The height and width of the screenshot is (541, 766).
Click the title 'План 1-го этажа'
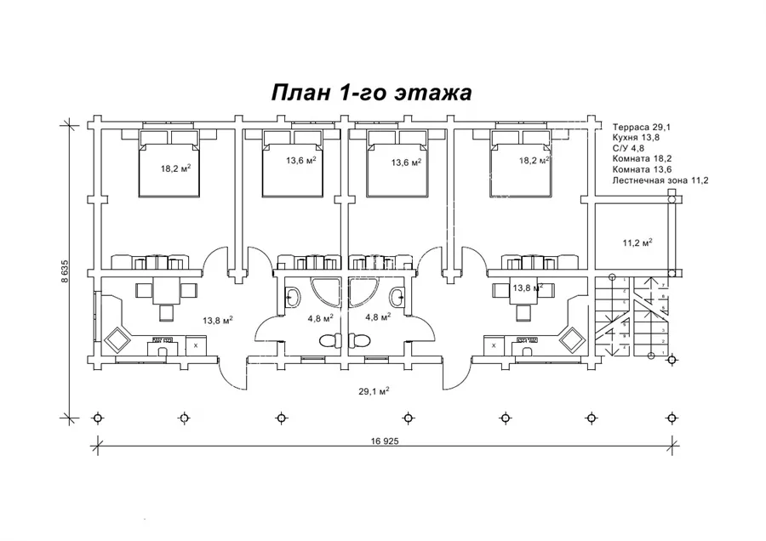[x=371, y=93]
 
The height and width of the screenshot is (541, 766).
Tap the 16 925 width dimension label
[x=385, y=442]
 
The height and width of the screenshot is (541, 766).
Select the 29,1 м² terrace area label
[x=375, y=391]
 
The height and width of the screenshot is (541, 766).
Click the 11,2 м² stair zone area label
[x=637, y=242]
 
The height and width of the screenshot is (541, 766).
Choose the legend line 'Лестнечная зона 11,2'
[x=660, y=180]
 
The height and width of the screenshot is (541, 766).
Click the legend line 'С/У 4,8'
[x=629, y=147]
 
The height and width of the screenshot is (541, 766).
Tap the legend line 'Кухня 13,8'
[x=635, y=136]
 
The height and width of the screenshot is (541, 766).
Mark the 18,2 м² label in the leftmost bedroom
[x=174, y=168]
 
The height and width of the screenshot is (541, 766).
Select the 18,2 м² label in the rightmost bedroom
[x=534, y=159]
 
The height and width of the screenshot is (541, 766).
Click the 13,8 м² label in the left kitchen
[x=218, y=320]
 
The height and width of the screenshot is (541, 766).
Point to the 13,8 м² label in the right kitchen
[x=529, y=288]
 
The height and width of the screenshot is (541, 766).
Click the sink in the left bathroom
[x=292, y=297]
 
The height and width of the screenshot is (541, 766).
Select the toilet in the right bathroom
[x=358, y=340]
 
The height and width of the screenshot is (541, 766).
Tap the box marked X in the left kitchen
[x=196, y=346]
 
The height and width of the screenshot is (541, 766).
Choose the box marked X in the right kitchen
[x=494, y=346]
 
